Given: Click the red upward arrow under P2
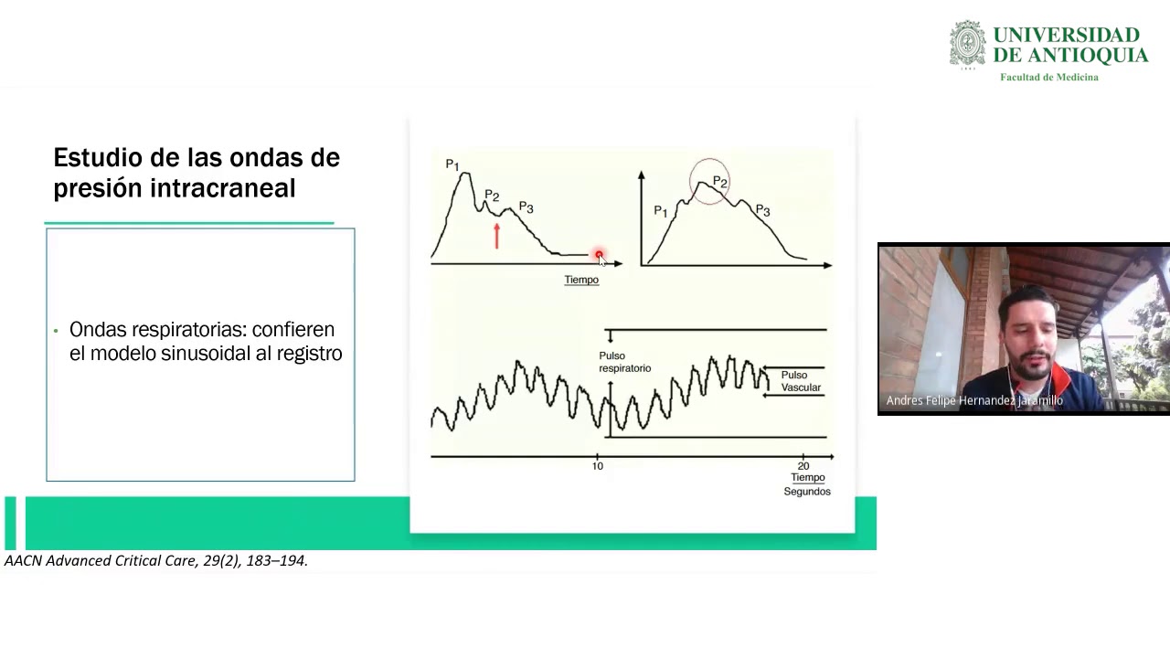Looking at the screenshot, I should point(496,236).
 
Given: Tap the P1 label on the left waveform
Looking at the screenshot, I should point(452,165).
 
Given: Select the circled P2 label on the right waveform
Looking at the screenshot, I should point(719,183).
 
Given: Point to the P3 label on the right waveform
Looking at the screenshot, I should point(762,211).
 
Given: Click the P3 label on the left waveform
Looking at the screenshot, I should point(526,208).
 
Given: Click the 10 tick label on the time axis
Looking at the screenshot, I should point(597,466).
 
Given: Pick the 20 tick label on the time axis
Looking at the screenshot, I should point(803,466).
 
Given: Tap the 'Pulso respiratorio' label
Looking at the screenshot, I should point(624,362).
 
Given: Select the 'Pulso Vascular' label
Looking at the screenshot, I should point(800,381).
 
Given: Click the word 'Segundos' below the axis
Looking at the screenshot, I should point(807,492).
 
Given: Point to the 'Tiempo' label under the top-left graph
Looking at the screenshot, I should point(581,280).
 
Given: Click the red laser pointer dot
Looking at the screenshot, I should point(599,255).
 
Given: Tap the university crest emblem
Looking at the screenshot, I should point(968,45).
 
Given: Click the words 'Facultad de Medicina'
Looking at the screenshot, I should point(1048,78).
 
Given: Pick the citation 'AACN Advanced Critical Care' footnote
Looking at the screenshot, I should point(156,561).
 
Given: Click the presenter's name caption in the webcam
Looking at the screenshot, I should point(974,400).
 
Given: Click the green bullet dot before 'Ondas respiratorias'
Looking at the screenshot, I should point(56,331).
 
